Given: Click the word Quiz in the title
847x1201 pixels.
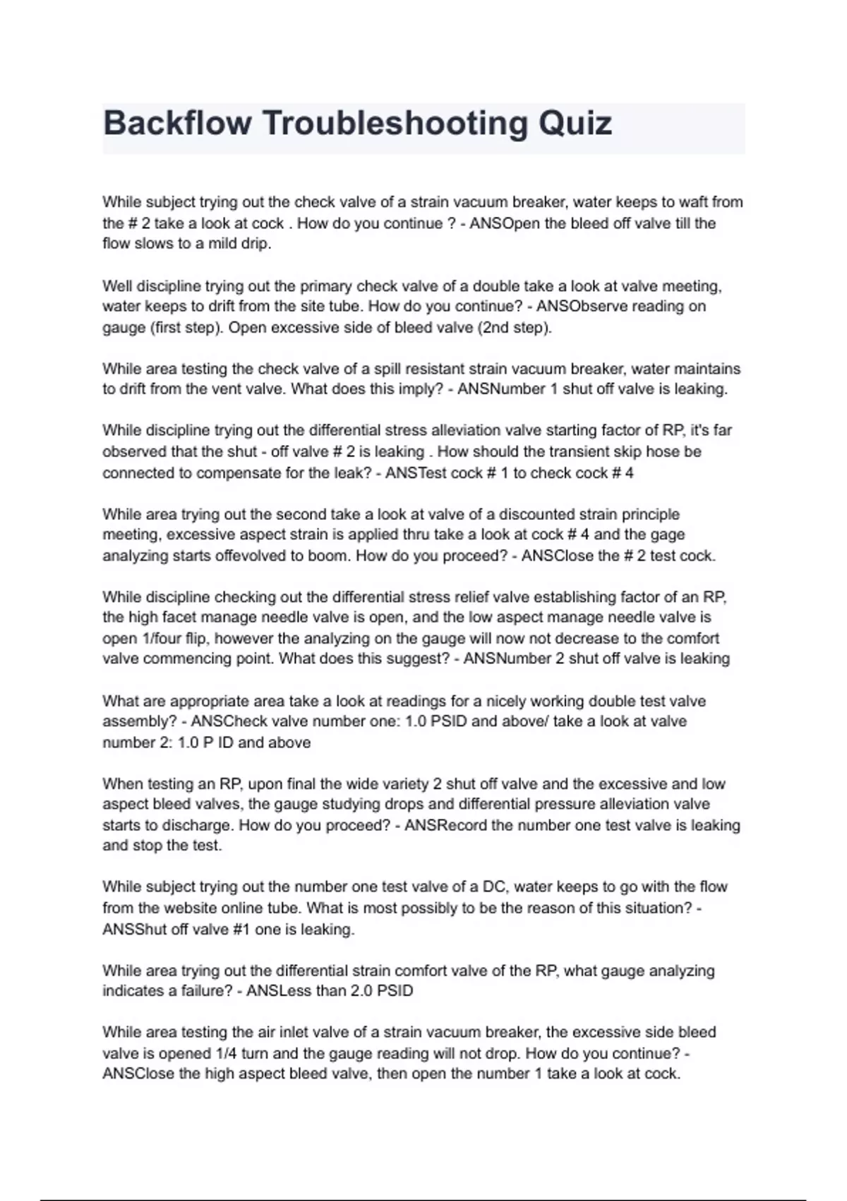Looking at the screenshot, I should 575,124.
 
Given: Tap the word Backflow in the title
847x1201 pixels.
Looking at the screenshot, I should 177,124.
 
